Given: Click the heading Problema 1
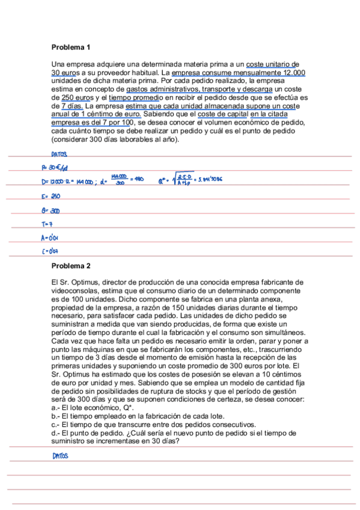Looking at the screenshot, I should (x=71, y=47).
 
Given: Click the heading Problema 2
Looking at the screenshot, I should (x=71, y=266).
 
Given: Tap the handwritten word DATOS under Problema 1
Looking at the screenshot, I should (x=59, y=155).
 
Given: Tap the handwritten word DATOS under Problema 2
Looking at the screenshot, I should (x=59, y=456).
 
